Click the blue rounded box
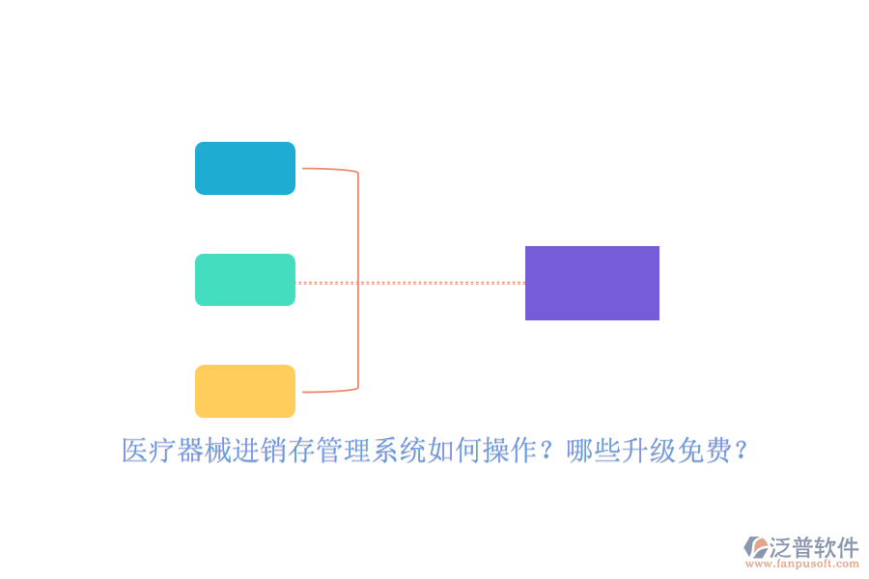coord(245,169)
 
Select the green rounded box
coord(245,280)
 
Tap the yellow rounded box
coord(245,391)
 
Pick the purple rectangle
coord(592,283)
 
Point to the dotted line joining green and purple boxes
coord(410,283)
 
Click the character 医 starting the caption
coord(134,450)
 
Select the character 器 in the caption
coord(190,450)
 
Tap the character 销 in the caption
coord(273,450)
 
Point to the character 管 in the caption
coord(329,450)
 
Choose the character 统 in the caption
coord(412,450)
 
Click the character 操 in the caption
coord(496,450)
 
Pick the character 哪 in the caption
coord(579,450)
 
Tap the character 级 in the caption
coord(662,450)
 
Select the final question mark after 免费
coord(741,450)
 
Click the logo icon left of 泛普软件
coord(755,547)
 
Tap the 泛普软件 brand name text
coord(814,547)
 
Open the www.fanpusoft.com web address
coord(802,564)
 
